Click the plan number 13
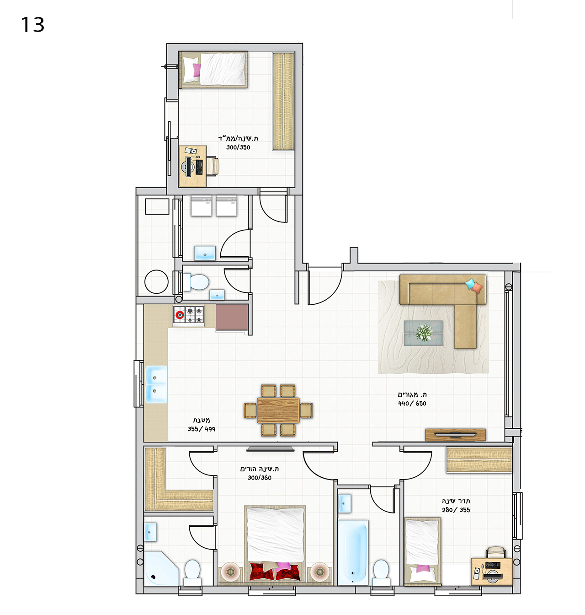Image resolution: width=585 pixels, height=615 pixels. [32, 25]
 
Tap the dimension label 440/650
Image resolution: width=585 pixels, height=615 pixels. [412, 404]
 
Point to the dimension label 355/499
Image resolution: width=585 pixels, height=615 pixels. [201, 429]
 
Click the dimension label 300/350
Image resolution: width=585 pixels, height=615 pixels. [238, 147]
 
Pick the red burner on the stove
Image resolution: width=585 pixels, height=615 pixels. [180, 315]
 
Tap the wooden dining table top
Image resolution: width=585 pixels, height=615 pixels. [278, 410]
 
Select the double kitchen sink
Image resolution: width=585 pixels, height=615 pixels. [156, 384]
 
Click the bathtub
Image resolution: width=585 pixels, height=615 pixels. [353, 552]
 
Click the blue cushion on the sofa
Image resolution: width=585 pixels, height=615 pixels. [470, 284]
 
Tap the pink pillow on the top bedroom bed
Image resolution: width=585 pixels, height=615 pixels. [197, 70]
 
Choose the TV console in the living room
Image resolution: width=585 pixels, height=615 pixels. [455, 435]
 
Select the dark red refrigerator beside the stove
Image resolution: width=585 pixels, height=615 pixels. [232, 317]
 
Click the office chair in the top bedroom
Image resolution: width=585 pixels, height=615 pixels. [213, 166]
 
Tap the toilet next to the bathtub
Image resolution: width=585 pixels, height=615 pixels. [381, 572]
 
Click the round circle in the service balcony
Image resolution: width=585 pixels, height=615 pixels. [157, 281]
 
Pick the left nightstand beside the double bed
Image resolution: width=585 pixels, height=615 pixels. [231, 572]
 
